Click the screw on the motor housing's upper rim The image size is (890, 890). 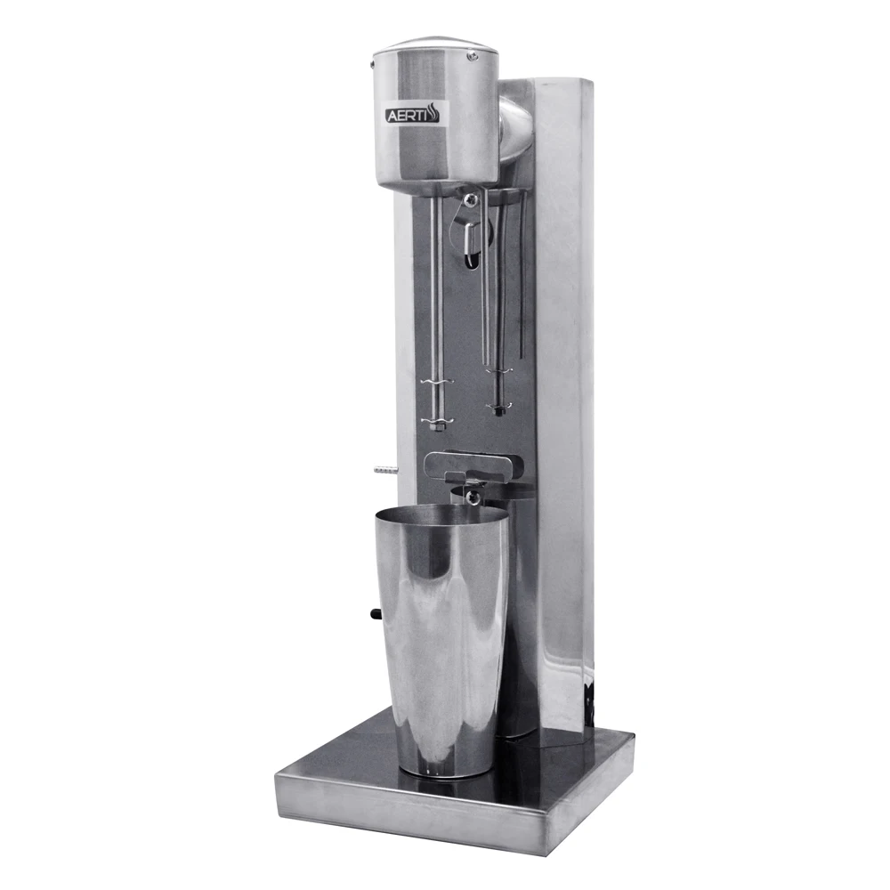(x=471, y=55)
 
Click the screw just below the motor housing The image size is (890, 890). (x=470, y=198)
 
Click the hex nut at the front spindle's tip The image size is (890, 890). (x=435, y=425)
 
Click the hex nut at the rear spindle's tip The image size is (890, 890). (x=500, y=409)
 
